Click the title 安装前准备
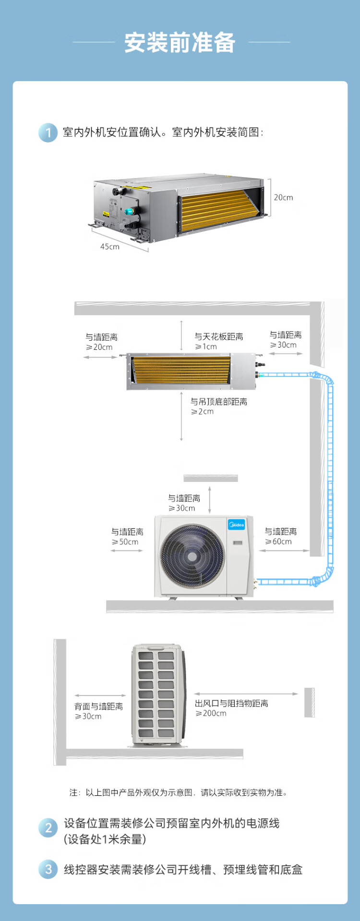(180, 43)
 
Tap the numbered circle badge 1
(48, 132)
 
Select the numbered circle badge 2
(48, 827)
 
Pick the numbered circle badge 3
(48, 869)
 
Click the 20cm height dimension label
(283, 198)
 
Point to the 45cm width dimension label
(109, 247)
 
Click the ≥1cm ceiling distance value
(206, 347)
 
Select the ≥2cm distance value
(202, 412)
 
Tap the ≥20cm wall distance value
(99, 347)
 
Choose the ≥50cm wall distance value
(125, 542)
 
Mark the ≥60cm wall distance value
(278, 542)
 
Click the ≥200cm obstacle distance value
(211, 714)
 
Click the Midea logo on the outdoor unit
(236, 525)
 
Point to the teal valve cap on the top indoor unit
(129, 211)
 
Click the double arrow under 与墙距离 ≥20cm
(100, 357)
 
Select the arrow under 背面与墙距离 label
(100, 695)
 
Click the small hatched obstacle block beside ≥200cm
(310, 702)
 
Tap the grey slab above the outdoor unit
(211, 478)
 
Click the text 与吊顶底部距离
(219, 402)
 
